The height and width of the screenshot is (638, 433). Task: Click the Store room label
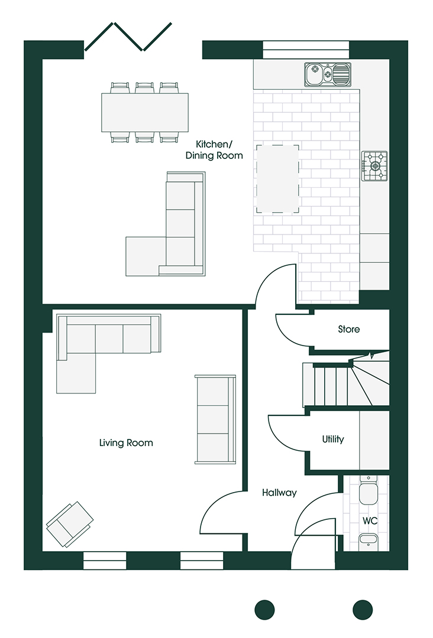click(348, 329)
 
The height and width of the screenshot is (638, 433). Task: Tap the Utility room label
click(332, 440)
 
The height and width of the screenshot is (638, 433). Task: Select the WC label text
click(370, 521)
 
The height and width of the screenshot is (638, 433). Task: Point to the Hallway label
click(279, 492)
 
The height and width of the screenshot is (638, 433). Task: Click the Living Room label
click(126, 442)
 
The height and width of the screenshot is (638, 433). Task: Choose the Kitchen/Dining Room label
click(214, 149)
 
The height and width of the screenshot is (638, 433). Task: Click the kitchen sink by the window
click(327, 74)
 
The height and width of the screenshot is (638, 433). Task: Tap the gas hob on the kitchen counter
click(374, 166)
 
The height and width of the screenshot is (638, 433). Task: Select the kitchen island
click(277, 178)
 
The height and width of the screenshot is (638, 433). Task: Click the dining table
click(144, 112)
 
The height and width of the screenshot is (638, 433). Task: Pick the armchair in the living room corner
click(70, 523)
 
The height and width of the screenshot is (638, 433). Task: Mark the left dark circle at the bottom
click(264, 609)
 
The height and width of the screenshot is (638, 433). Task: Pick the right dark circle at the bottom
click(363, 609)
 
